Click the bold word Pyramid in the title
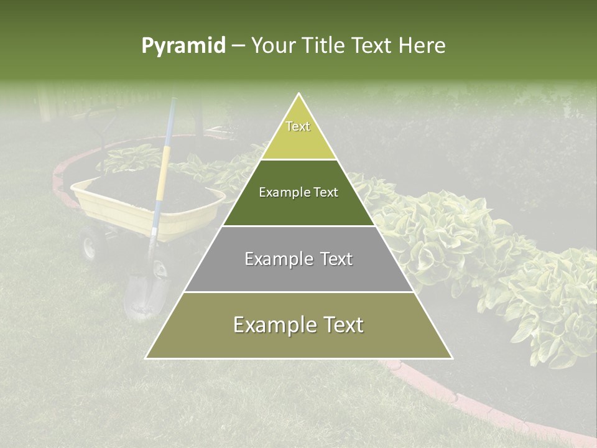(x=183, y=46)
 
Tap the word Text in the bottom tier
(x=340, y=325)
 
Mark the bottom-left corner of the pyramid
(x=146, y=358)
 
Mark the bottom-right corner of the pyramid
(x=452, y=358)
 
